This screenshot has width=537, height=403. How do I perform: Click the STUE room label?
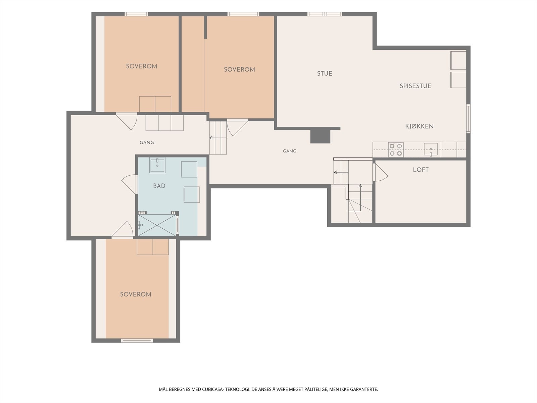pyautogui.click(x=325, y=74)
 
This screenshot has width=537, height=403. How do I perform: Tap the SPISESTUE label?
pyautogui.click(x=416, y=86)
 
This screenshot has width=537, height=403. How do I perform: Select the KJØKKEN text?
pyautogui.click(x=419, y=126)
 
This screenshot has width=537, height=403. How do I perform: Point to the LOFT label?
pyautogui.click(x=421, y=170)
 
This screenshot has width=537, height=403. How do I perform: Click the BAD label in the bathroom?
pyautogui.click(x=159, y=186)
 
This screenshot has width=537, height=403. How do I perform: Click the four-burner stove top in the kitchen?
pyautogui.click(x=396, y=149)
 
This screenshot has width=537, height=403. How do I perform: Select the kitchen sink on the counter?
pyautogui.click(x=431, y=149)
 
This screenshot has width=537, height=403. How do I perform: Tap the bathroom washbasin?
pyautogui.click(x=157, y=165)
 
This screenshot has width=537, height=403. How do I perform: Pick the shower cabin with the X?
pyautogui.click(x=157, y=225)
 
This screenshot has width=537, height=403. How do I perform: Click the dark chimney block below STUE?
pyautogui.click(x=321, y=137)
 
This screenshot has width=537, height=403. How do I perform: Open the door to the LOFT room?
pyautogui.click(x=380, y=173)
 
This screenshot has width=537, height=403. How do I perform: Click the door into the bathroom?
pyautogui.click(x=130, y=184)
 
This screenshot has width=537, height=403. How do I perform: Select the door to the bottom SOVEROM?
pyautogui.click(x=123, y=229)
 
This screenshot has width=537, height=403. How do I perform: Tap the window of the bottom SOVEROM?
pyautogui.click(x=137, y=340)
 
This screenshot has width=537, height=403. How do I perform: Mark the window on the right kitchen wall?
pyautogui.click(x=468, y=119)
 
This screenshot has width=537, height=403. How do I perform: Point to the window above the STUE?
pyautogui.click(x=325, y=14)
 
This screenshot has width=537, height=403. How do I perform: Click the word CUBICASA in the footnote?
pyautogui.click(x=212, y=389)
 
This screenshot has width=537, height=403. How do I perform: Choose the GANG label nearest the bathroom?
pyautogui.click(x=147, y=143)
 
